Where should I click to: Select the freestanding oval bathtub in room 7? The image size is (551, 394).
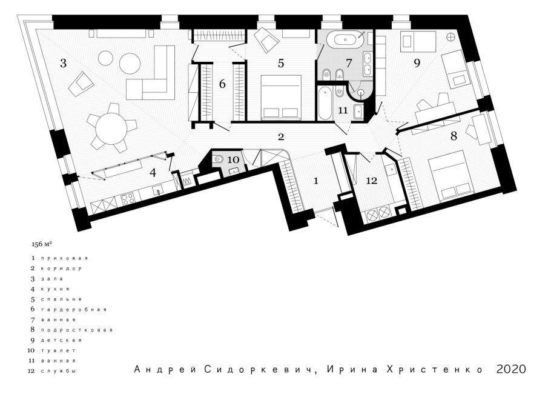click(345, 38)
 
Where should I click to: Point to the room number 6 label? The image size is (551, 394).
click(222, 84)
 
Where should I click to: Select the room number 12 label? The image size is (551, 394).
click(371, 181)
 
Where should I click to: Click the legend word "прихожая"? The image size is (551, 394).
click(64, 258)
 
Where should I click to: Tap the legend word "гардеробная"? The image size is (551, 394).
click(73, 310)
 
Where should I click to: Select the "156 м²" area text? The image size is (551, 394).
click(40, 244)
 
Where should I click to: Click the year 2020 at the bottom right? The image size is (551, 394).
click(511, 369)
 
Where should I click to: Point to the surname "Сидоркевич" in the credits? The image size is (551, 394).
click(259, 370)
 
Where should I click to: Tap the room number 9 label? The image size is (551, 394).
click(417, 63)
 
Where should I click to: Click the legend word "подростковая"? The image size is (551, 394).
click(77, 330)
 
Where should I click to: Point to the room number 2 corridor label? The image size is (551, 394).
click(281, 137)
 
